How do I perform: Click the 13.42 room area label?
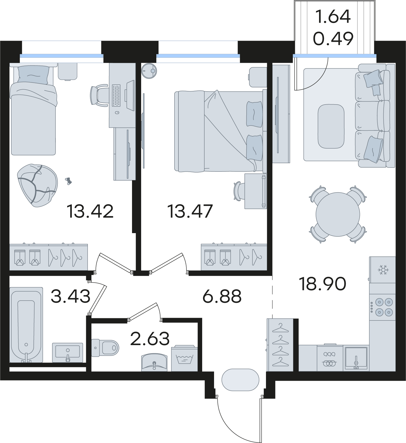[x=90, y=211]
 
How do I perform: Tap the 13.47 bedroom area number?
[x=190, y=211]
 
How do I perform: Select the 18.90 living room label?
[x=323, y=284]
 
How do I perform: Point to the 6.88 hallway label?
[x=222, y=296]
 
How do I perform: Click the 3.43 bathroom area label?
[x=71, y=296]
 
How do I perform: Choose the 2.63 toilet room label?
[x=150, y=338]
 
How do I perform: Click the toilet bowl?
[x=105, y=348]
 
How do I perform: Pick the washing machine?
[x=184, y=358]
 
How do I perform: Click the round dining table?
[x=338, y=214]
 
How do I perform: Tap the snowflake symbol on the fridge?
[x=383, y=270]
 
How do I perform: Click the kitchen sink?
[x=356, y=358]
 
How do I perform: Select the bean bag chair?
[x=37, y=185]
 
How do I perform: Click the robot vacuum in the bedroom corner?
[x=149, y=71]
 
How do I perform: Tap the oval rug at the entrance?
[x=240, y=380]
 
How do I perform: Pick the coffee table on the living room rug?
[x=331, y=126]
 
